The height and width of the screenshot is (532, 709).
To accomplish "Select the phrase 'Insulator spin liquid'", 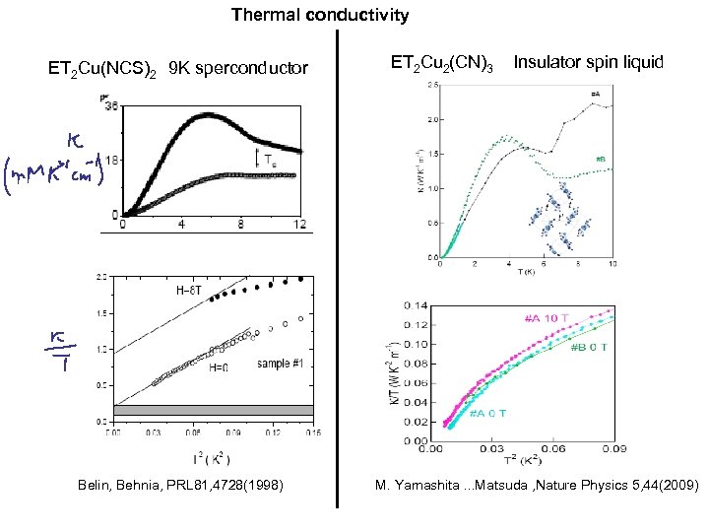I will click(589, 63).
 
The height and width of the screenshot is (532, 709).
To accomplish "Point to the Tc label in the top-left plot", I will click(270, 158).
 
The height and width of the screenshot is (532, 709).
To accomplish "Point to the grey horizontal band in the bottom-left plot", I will click(213, 410).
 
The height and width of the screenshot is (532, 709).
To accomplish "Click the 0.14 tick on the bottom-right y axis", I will click(417, 305).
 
